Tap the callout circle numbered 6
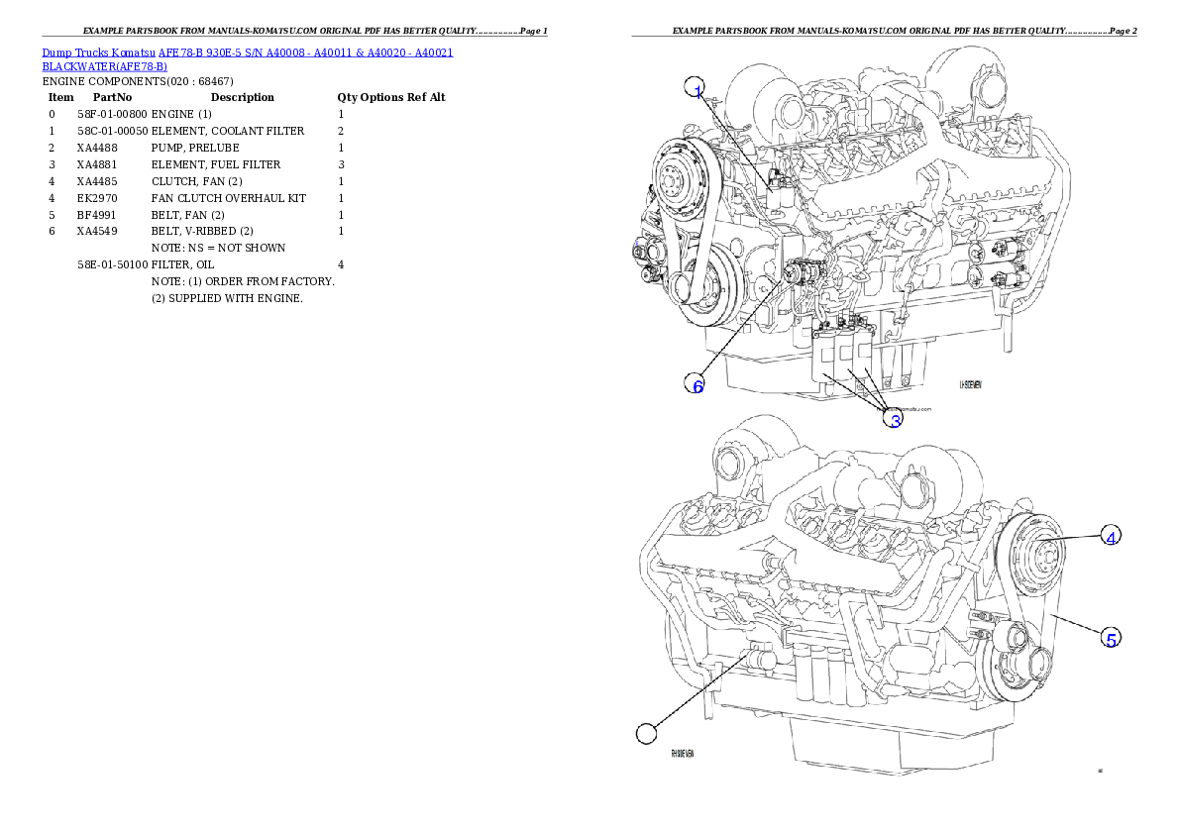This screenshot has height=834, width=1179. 697,384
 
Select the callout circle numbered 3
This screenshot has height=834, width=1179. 894,419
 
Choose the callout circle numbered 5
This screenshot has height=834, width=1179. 1112,638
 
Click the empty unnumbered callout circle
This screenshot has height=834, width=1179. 646,734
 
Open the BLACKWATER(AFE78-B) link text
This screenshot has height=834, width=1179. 104,67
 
